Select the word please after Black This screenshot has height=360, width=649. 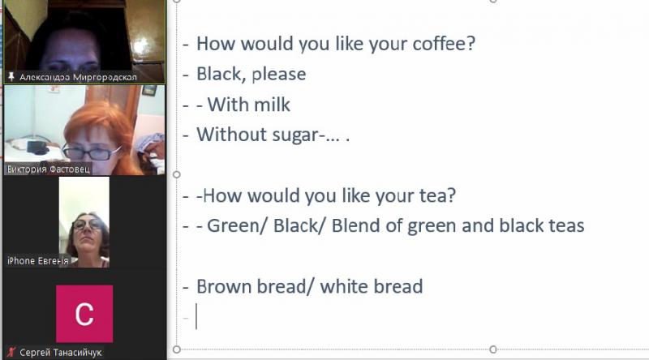(x=279, y=75)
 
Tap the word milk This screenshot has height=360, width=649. (x=272, y=105)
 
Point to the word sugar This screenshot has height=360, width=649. (x=296, y=135)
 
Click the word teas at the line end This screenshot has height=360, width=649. (x=566, y=226)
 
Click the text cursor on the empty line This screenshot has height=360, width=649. (x=196, y=316)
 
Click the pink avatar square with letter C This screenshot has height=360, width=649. (x=84, y=314)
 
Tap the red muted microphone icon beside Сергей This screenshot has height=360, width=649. (x=11, y=352)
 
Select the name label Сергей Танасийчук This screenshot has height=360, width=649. (x=60, y=353)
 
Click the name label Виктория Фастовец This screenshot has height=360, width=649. (x=49, y=169)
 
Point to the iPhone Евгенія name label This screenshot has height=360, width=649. (x=37, y=261)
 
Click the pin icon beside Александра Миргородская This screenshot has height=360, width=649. (x=11, y=76)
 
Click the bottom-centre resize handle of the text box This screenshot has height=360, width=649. (x=492, y=349)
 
